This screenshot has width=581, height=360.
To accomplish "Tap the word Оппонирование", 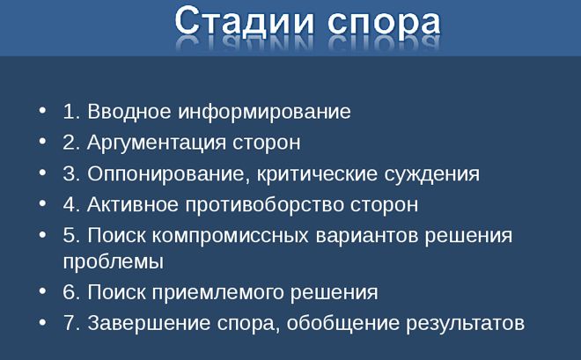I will tap(166, 173).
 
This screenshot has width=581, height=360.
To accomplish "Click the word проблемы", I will tap(114, 261).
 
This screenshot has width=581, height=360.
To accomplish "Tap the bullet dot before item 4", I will tap(44, 202).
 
